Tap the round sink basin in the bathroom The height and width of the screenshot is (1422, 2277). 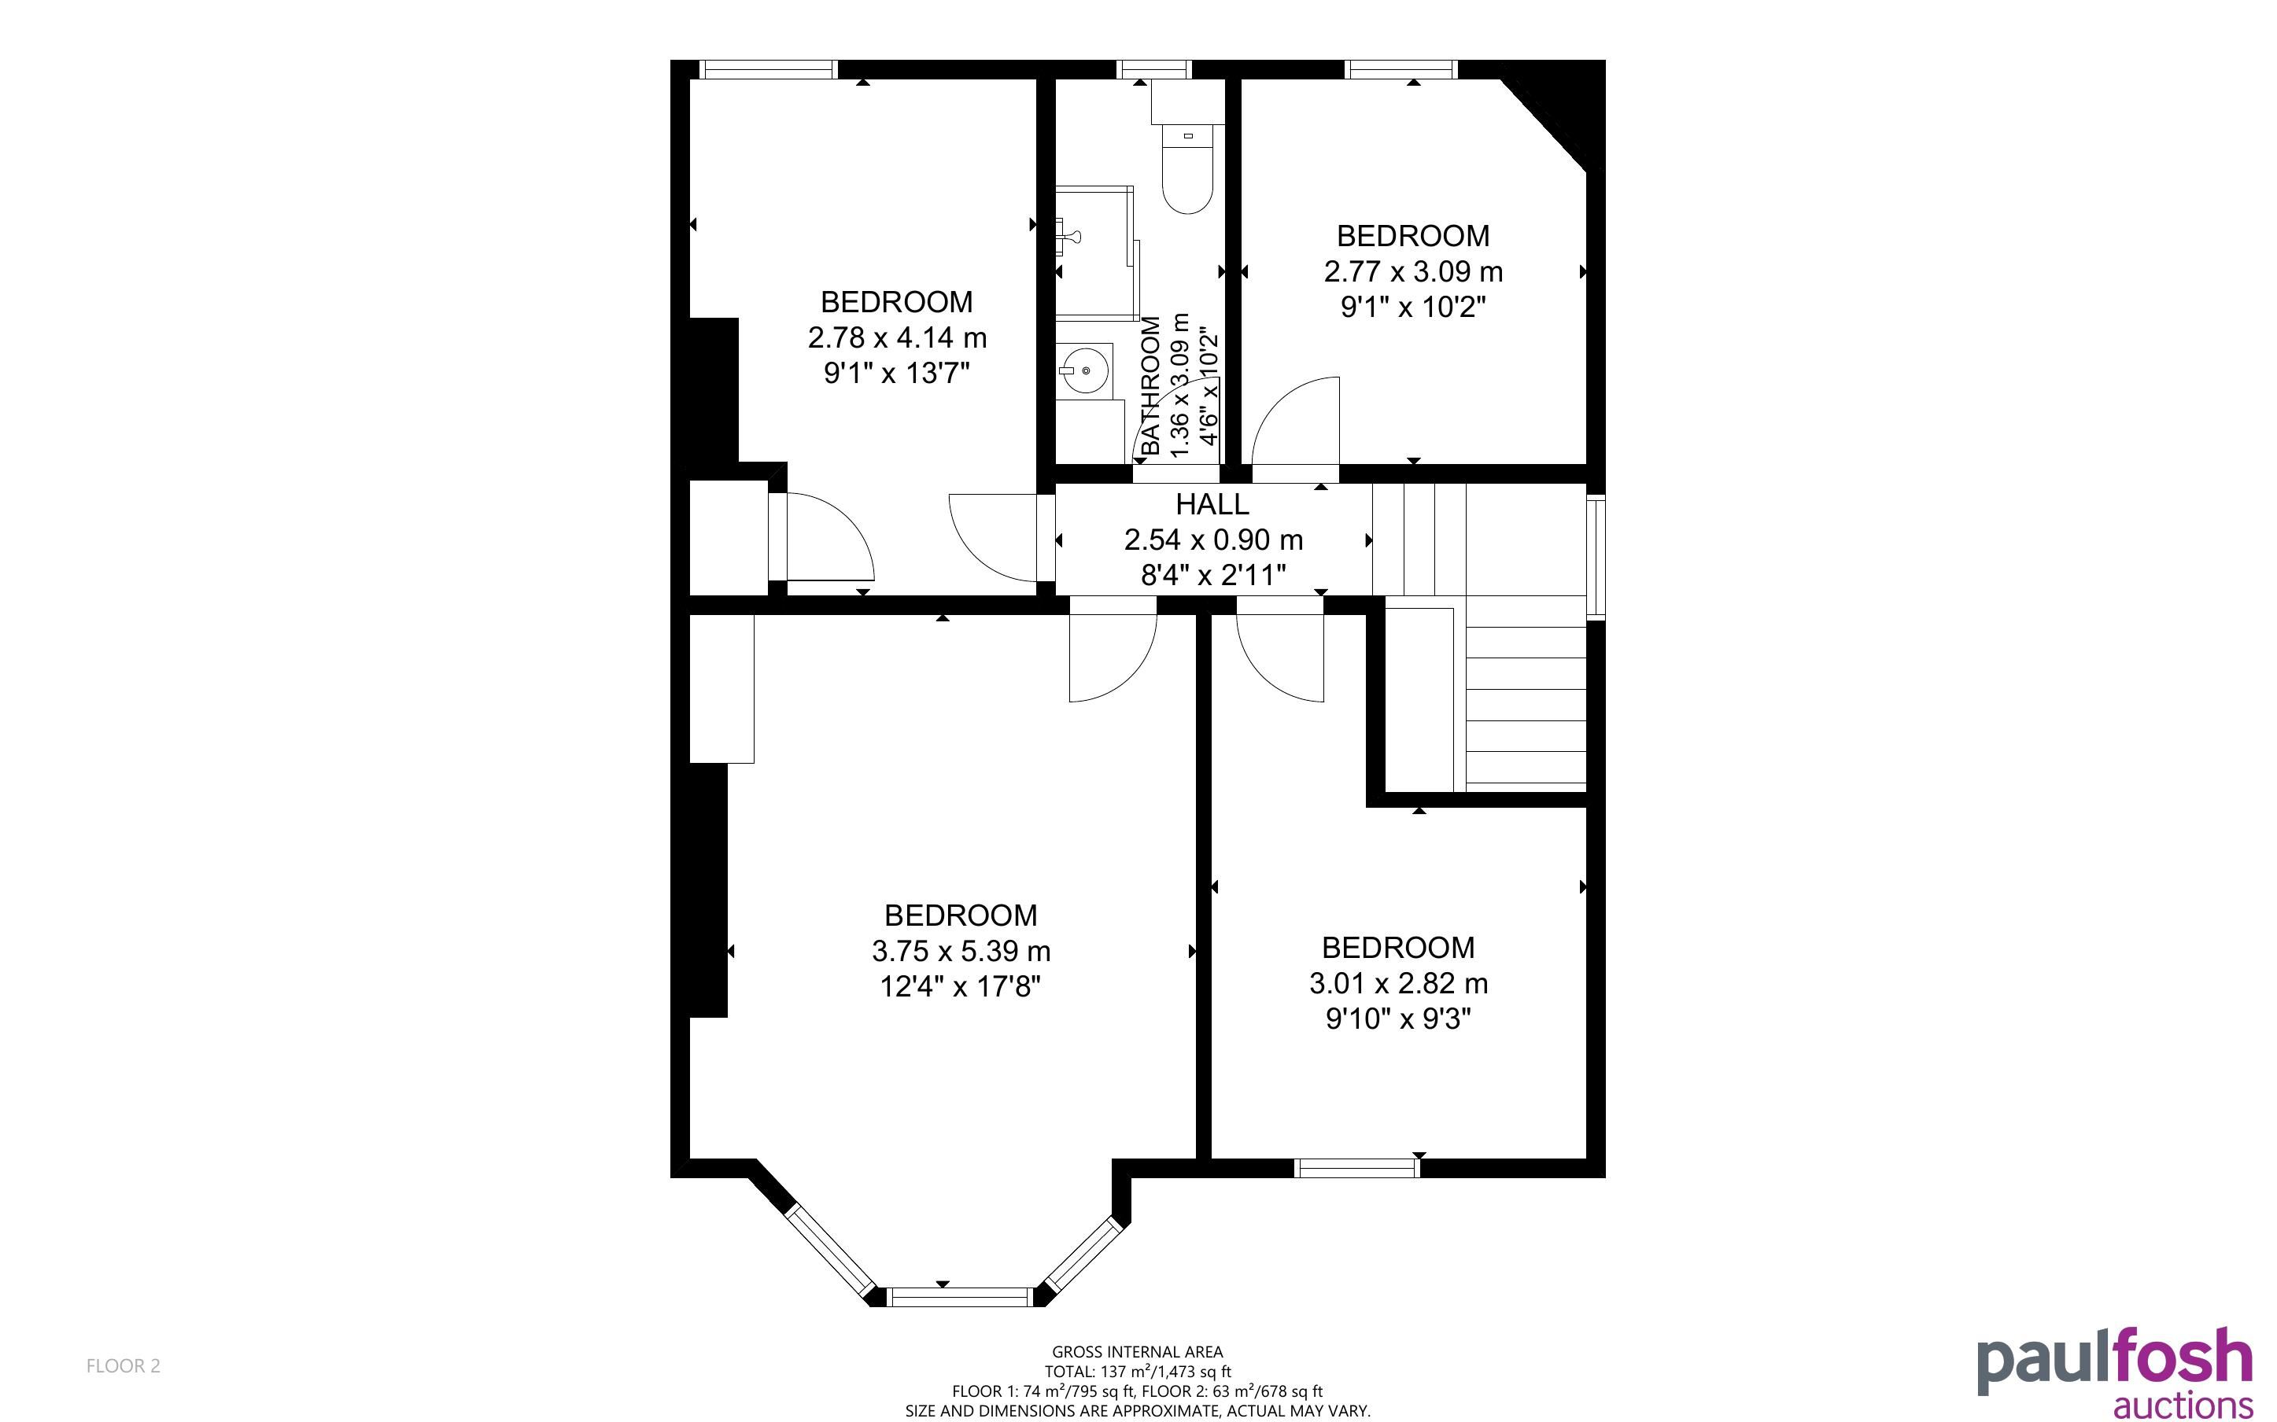coord(1087,370)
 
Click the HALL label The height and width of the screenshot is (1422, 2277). coord(1212,504)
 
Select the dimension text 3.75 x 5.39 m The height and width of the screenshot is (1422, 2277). coord(960,951)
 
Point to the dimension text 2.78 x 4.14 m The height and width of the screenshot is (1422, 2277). coord(896,337)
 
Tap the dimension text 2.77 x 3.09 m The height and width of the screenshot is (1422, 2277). coord(1412,272)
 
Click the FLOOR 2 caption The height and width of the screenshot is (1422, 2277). coord(124,1365)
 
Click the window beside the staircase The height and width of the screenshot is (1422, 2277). coord(1596,557)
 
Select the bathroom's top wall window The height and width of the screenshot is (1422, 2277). coord(1155,68)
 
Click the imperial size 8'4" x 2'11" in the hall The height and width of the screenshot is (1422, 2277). coord(1212,575)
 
